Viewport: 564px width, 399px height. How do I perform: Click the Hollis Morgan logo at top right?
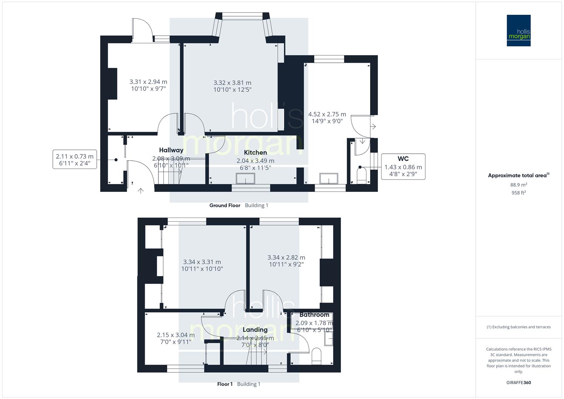[518, 31]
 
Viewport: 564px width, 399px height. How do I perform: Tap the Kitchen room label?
[255, 153]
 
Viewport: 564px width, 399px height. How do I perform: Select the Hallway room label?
[171, 150]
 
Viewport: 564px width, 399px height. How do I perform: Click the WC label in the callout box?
[403, 159]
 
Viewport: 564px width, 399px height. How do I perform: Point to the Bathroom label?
[314, 315]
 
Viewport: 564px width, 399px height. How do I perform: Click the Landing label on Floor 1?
[255, 330]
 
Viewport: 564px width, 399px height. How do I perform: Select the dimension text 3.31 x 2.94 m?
[148, 82]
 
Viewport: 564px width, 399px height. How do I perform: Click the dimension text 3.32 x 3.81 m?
[232, 83]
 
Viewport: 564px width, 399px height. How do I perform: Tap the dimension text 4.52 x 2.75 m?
[327, 114]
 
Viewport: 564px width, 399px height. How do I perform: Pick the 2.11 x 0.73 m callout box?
[75, 160]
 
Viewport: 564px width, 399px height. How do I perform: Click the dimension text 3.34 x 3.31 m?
[202, 262]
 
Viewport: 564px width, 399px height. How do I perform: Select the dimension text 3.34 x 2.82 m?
[286, 258]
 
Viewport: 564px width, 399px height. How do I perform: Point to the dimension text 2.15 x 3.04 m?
[175, 335]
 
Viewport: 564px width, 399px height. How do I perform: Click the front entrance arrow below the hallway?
[141, 191]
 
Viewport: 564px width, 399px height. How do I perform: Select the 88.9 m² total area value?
[519, 185]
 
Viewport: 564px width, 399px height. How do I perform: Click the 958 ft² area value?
[519, 193]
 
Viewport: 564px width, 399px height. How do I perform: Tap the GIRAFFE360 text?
[519, 382]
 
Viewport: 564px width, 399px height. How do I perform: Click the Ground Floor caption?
[225, 205]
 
